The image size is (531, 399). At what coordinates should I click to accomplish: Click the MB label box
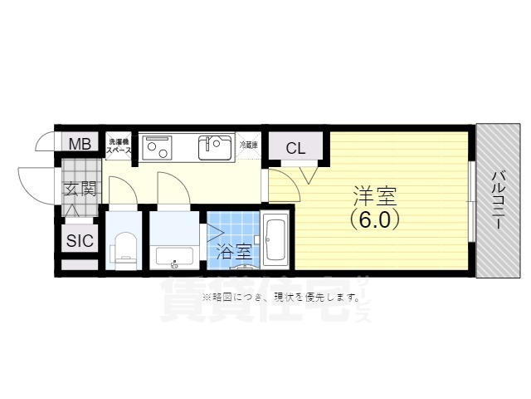point(80,144)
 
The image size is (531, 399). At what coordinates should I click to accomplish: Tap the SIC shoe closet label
point(80,241)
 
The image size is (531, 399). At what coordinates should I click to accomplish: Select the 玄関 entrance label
point(80,189)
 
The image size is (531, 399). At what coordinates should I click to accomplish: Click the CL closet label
point(295,149)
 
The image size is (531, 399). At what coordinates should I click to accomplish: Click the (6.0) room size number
point(374,220)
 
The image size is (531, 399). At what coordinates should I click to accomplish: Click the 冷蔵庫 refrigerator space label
point(249,145)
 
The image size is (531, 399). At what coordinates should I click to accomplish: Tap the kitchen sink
point(215,147)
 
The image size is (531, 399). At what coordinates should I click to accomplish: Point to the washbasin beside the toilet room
point(174,255)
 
